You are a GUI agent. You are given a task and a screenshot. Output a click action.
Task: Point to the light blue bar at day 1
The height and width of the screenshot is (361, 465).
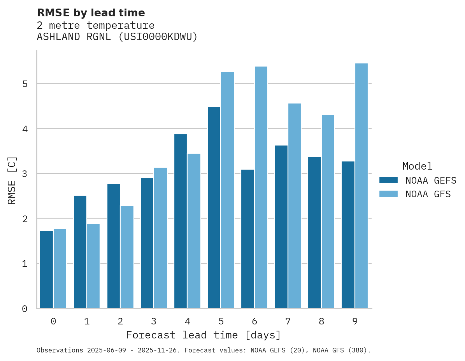[93, 266]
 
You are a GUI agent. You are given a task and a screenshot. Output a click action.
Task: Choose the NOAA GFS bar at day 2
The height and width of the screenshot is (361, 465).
[127, 257]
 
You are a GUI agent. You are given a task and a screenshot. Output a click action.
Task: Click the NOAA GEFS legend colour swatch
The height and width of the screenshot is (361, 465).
[388, 180]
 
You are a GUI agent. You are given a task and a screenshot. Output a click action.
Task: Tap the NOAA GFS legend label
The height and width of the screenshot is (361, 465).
[428, 194]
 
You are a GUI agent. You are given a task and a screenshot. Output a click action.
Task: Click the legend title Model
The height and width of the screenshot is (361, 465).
[417, 166]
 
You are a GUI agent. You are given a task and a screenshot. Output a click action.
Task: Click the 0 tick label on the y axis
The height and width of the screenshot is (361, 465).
[25, 309]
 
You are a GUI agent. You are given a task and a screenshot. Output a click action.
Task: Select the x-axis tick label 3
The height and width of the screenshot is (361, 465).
[154, 321]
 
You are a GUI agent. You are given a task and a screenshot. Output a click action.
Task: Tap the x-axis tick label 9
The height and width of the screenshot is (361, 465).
[355, 321]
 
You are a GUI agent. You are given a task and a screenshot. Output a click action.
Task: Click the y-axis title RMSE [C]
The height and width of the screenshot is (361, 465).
[12, 180]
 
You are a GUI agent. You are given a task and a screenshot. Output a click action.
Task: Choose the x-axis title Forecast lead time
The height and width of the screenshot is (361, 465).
[203, 335]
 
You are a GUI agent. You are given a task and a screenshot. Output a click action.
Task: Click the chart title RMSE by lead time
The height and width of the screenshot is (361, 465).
[91, 13]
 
